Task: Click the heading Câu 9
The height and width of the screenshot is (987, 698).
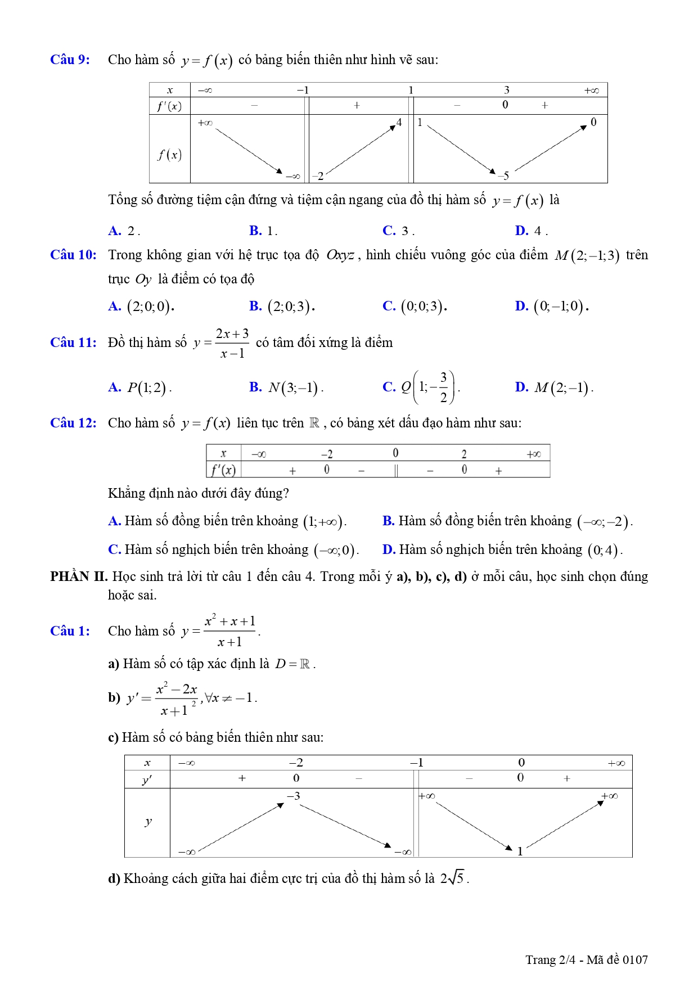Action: tap(70, 60)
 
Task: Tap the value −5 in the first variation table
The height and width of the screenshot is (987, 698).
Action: tap(503, 175)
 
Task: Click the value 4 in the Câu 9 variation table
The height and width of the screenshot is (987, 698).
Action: tap(399, 122)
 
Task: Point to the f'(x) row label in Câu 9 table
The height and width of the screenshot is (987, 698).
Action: tap(169, 106)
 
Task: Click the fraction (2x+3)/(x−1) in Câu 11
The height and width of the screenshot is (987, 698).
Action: tap(232, 343)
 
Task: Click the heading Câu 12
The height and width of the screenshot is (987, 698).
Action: tap(73, 423)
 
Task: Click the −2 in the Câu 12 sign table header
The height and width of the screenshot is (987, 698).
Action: tap(327, 454)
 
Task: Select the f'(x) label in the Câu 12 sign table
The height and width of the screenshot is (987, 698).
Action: tap(223, 470)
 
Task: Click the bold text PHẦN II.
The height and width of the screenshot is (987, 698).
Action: tap(78, 576)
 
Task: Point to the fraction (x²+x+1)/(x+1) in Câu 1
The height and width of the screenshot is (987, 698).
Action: tap(229, 631)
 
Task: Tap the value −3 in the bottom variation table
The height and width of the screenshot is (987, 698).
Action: tap(293, 796)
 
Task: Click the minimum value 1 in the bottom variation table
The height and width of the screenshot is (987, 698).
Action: tap(520, 851)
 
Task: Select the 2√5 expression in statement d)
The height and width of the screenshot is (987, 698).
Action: tap(453, 878)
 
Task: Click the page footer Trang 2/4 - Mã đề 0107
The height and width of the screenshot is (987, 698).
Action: tap(586, 959)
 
